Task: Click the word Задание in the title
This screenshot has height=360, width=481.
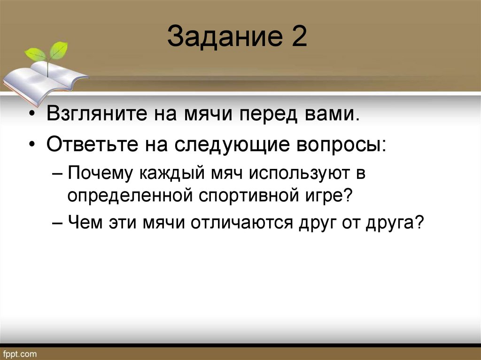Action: click(x=221, y=38)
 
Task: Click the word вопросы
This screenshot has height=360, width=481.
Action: click(x=346, y=145)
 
